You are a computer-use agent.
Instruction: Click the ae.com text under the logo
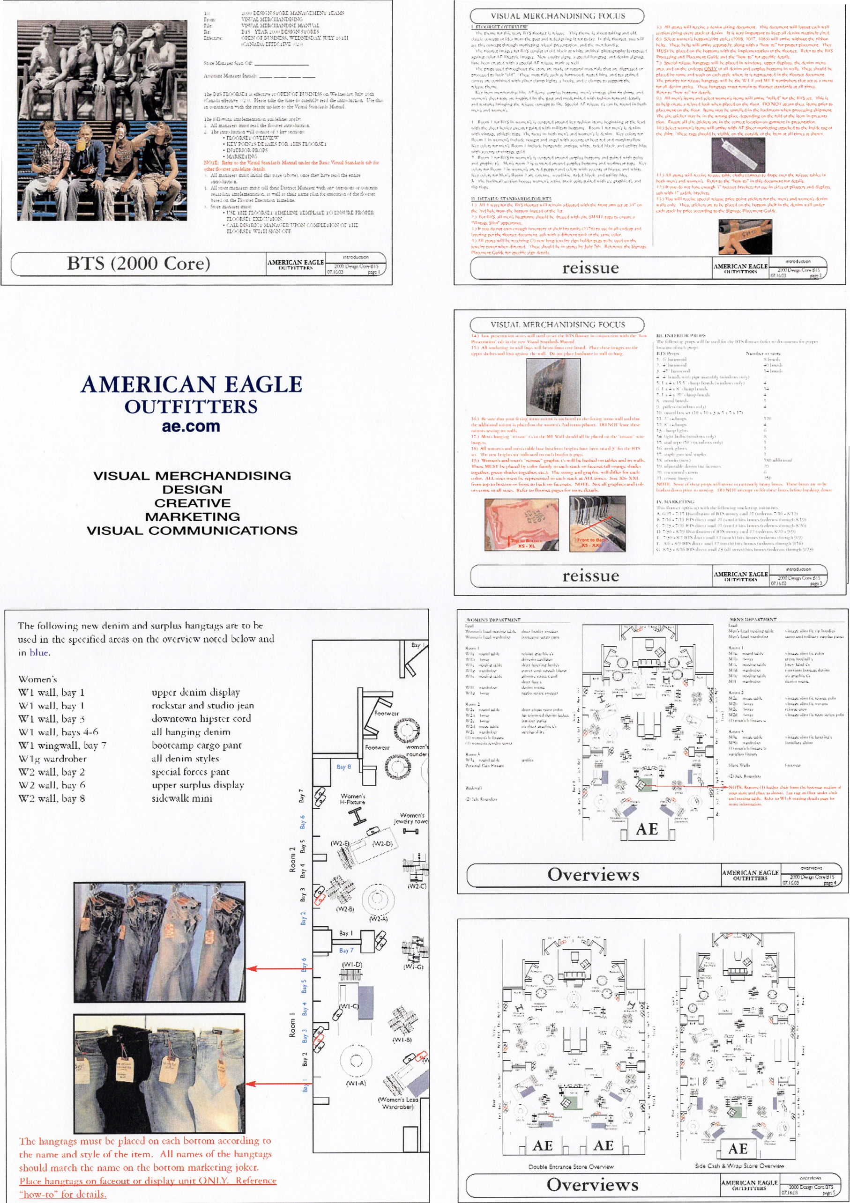tap(191, 426)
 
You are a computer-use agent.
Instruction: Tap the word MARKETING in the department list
tap(192, 517)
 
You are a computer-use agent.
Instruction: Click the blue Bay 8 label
tap(343, 767)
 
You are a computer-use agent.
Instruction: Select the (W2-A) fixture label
tap(378, 918)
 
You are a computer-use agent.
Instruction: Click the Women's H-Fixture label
tap(353, 799)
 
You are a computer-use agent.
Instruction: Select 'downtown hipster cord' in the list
tap(201, 718)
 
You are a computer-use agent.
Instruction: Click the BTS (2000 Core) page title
tap(138, 264)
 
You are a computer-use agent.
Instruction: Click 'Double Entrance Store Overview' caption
tap(571, 1167)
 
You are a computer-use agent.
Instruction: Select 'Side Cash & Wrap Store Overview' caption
tap(739, 1166)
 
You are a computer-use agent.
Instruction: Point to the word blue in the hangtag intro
tap(39, 652)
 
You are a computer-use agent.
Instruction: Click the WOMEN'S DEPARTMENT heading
tap(493, 620)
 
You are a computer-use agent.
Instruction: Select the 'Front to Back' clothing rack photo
tap(597, 524)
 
